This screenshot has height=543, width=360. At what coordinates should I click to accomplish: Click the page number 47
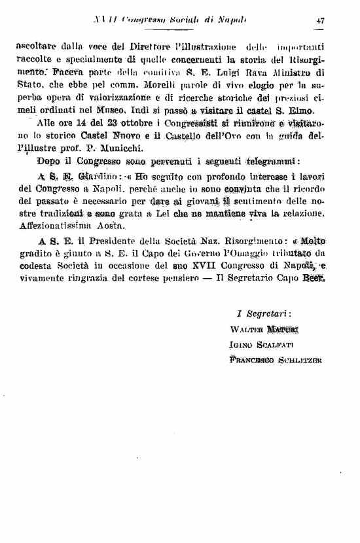click(x=320, y=20)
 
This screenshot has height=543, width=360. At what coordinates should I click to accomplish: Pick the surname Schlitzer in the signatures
click(x=301, y=359)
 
